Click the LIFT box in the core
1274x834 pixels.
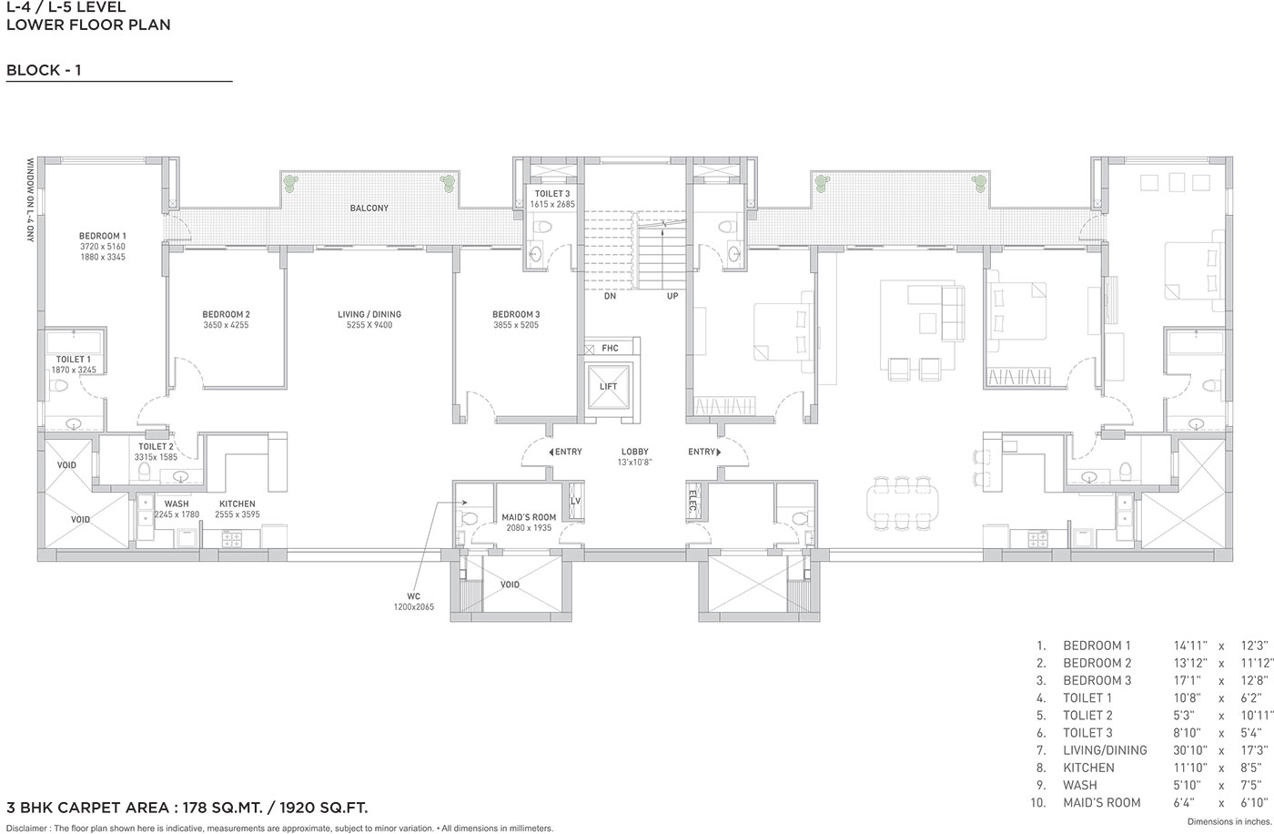tap(608, 386)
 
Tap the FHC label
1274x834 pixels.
tap(610, 348)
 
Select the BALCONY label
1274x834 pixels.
tap(369, 208)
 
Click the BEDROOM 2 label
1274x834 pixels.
tap(226, 314)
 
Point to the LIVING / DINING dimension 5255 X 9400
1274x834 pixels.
tap(369, 325)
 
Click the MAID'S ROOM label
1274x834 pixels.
tap(529, 517)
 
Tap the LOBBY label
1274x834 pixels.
tap(635, 452)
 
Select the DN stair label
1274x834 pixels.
tap(610, 296)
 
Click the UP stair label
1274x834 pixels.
tap(672, 296)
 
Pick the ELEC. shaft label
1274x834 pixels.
tap(693, 503)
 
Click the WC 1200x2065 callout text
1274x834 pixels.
tap(413, 601)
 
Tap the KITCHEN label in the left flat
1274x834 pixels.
tap(238, 503)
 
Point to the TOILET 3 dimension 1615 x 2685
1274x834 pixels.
tap(552, 204)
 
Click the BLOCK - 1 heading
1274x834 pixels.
tap(44, 70)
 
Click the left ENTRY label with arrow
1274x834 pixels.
tap(565, 452)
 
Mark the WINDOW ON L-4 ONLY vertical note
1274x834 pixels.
tap(30, 200)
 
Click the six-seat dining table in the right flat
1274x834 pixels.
tap(902, 503)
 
